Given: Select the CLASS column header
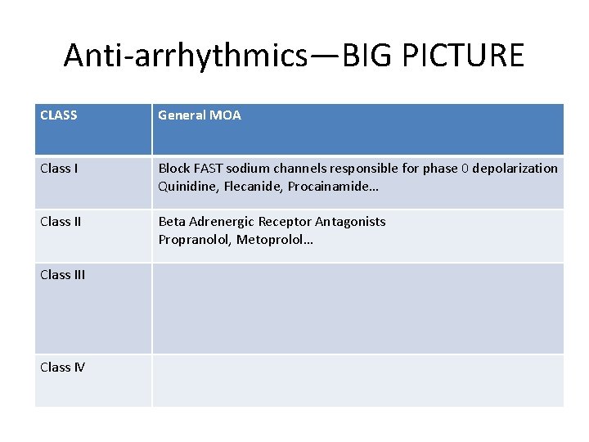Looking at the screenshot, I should tap(59, 115).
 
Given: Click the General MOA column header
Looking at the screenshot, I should tap(200, 115).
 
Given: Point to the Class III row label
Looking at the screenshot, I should tap(62, 275).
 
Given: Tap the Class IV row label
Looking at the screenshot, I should tap(62, 368).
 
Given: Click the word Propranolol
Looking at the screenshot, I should tap(194, 240).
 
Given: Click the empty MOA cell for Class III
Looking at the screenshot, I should tap(357, 309).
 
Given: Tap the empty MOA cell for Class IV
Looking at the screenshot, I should tap(357, 381).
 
